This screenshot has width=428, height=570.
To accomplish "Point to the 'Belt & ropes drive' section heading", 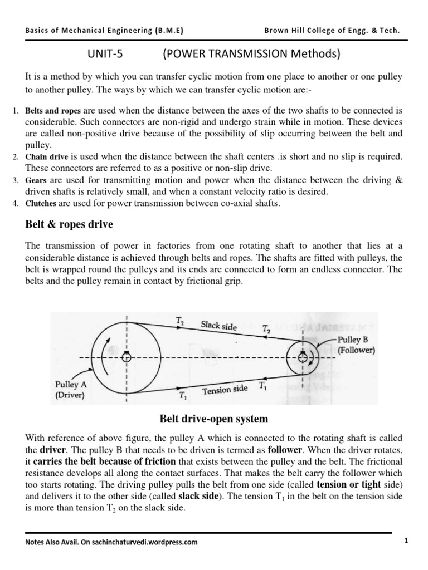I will click(x=69, y=225).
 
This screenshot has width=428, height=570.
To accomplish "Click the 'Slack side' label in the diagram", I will click(x=218, y=326).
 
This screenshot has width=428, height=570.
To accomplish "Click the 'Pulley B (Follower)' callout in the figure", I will click(x=356, y=345).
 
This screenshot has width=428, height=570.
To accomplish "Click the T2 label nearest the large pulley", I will click(x=181, y=320).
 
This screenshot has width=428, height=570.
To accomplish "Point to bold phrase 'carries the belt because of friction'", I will click(x=105, y=461).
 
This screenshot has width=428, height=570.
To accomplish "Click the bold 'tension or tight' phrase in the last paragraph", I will click(x=351, y=484).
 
